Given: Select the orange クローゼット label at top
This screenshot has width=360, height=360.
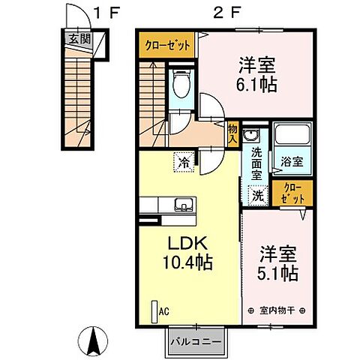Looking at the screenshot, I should pos(166,46).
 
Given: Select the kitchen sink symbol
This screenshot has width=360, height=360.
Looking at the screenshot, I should pos(183,205).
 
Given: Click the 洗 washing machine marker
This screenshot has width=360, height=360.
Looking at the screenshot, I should pos(256,195).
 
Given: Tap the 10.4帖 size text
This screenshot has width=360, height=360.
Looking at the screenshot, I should pos(187,264).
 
